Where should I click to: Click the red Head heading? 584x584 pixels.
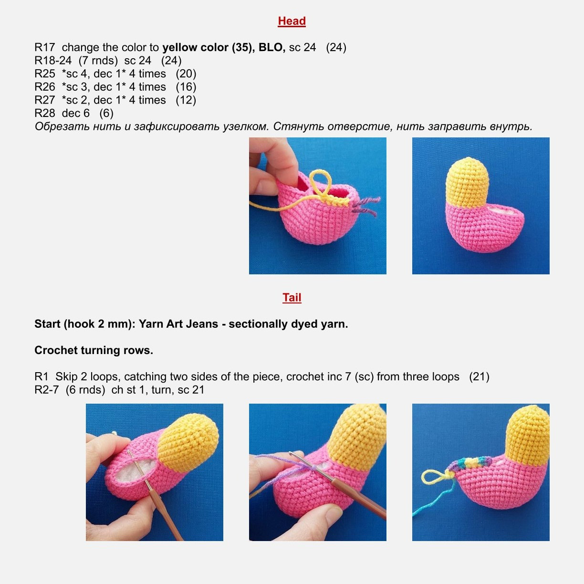point(292,21)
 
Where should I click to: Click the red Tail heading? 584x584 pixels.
point(292,298)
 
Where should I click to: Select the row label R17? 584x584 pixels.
point(45,48)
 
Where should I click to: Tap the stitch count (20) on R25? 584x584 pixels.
point(186,74)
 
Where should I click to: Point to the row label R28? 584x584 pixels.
point(45,114)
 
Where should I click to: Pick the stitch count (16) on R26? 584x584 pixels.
point(186,87)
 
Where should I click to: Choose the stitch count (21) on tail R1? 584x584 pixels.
point(479,377)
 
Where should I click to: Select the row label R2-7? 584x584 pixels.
point(46,390)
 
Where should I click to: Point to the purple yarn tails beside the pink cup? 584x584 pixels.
point(365,206)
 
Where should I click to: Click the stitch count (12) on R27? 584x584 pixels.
point(186,100)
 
